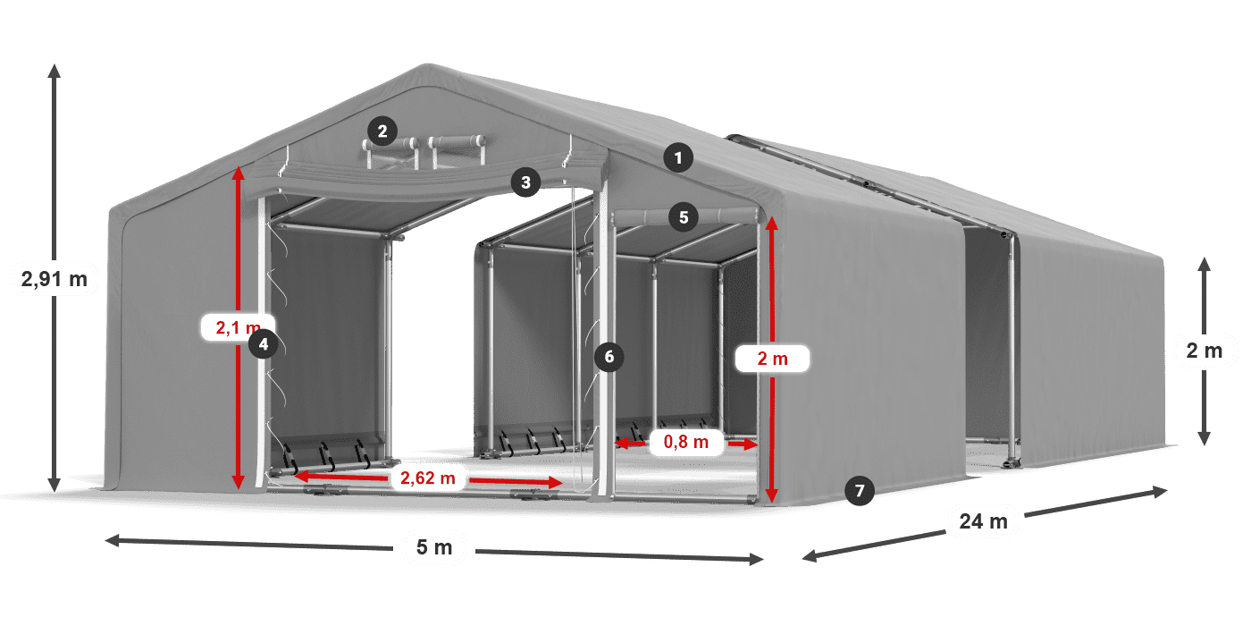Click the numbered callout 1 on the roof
tap(678, 158)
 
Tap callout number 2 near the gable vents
tap(382, 131)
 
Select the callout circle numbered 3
tap(525, 182)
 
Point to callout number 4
tap(263, 344)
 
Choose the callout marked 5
tap(684, 217)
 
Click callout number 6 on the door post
tap(609, 357)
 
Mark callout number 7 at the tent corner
tap(860, 491)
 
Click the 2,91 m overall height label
tap(55, 279)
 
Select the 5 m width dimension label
tap(434, 547)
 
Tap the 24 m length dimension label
tap(984, 521)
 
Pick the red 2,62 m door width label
tap(428, 478)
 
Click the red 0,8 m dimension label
tap(686, 442)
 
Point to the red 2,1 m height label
tap(238, 327)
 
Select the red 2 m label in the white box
tap(772, 359)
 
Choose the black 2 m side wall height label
tap(1205, 351)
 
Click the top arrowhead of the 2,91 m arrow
tap(55, 71)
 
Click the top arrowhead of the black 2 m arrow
tap(1205, 265)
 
